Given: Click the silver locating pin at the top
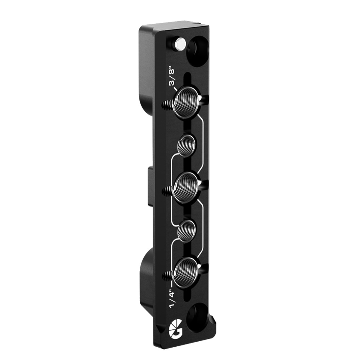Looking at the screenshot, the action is (179, 43).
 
